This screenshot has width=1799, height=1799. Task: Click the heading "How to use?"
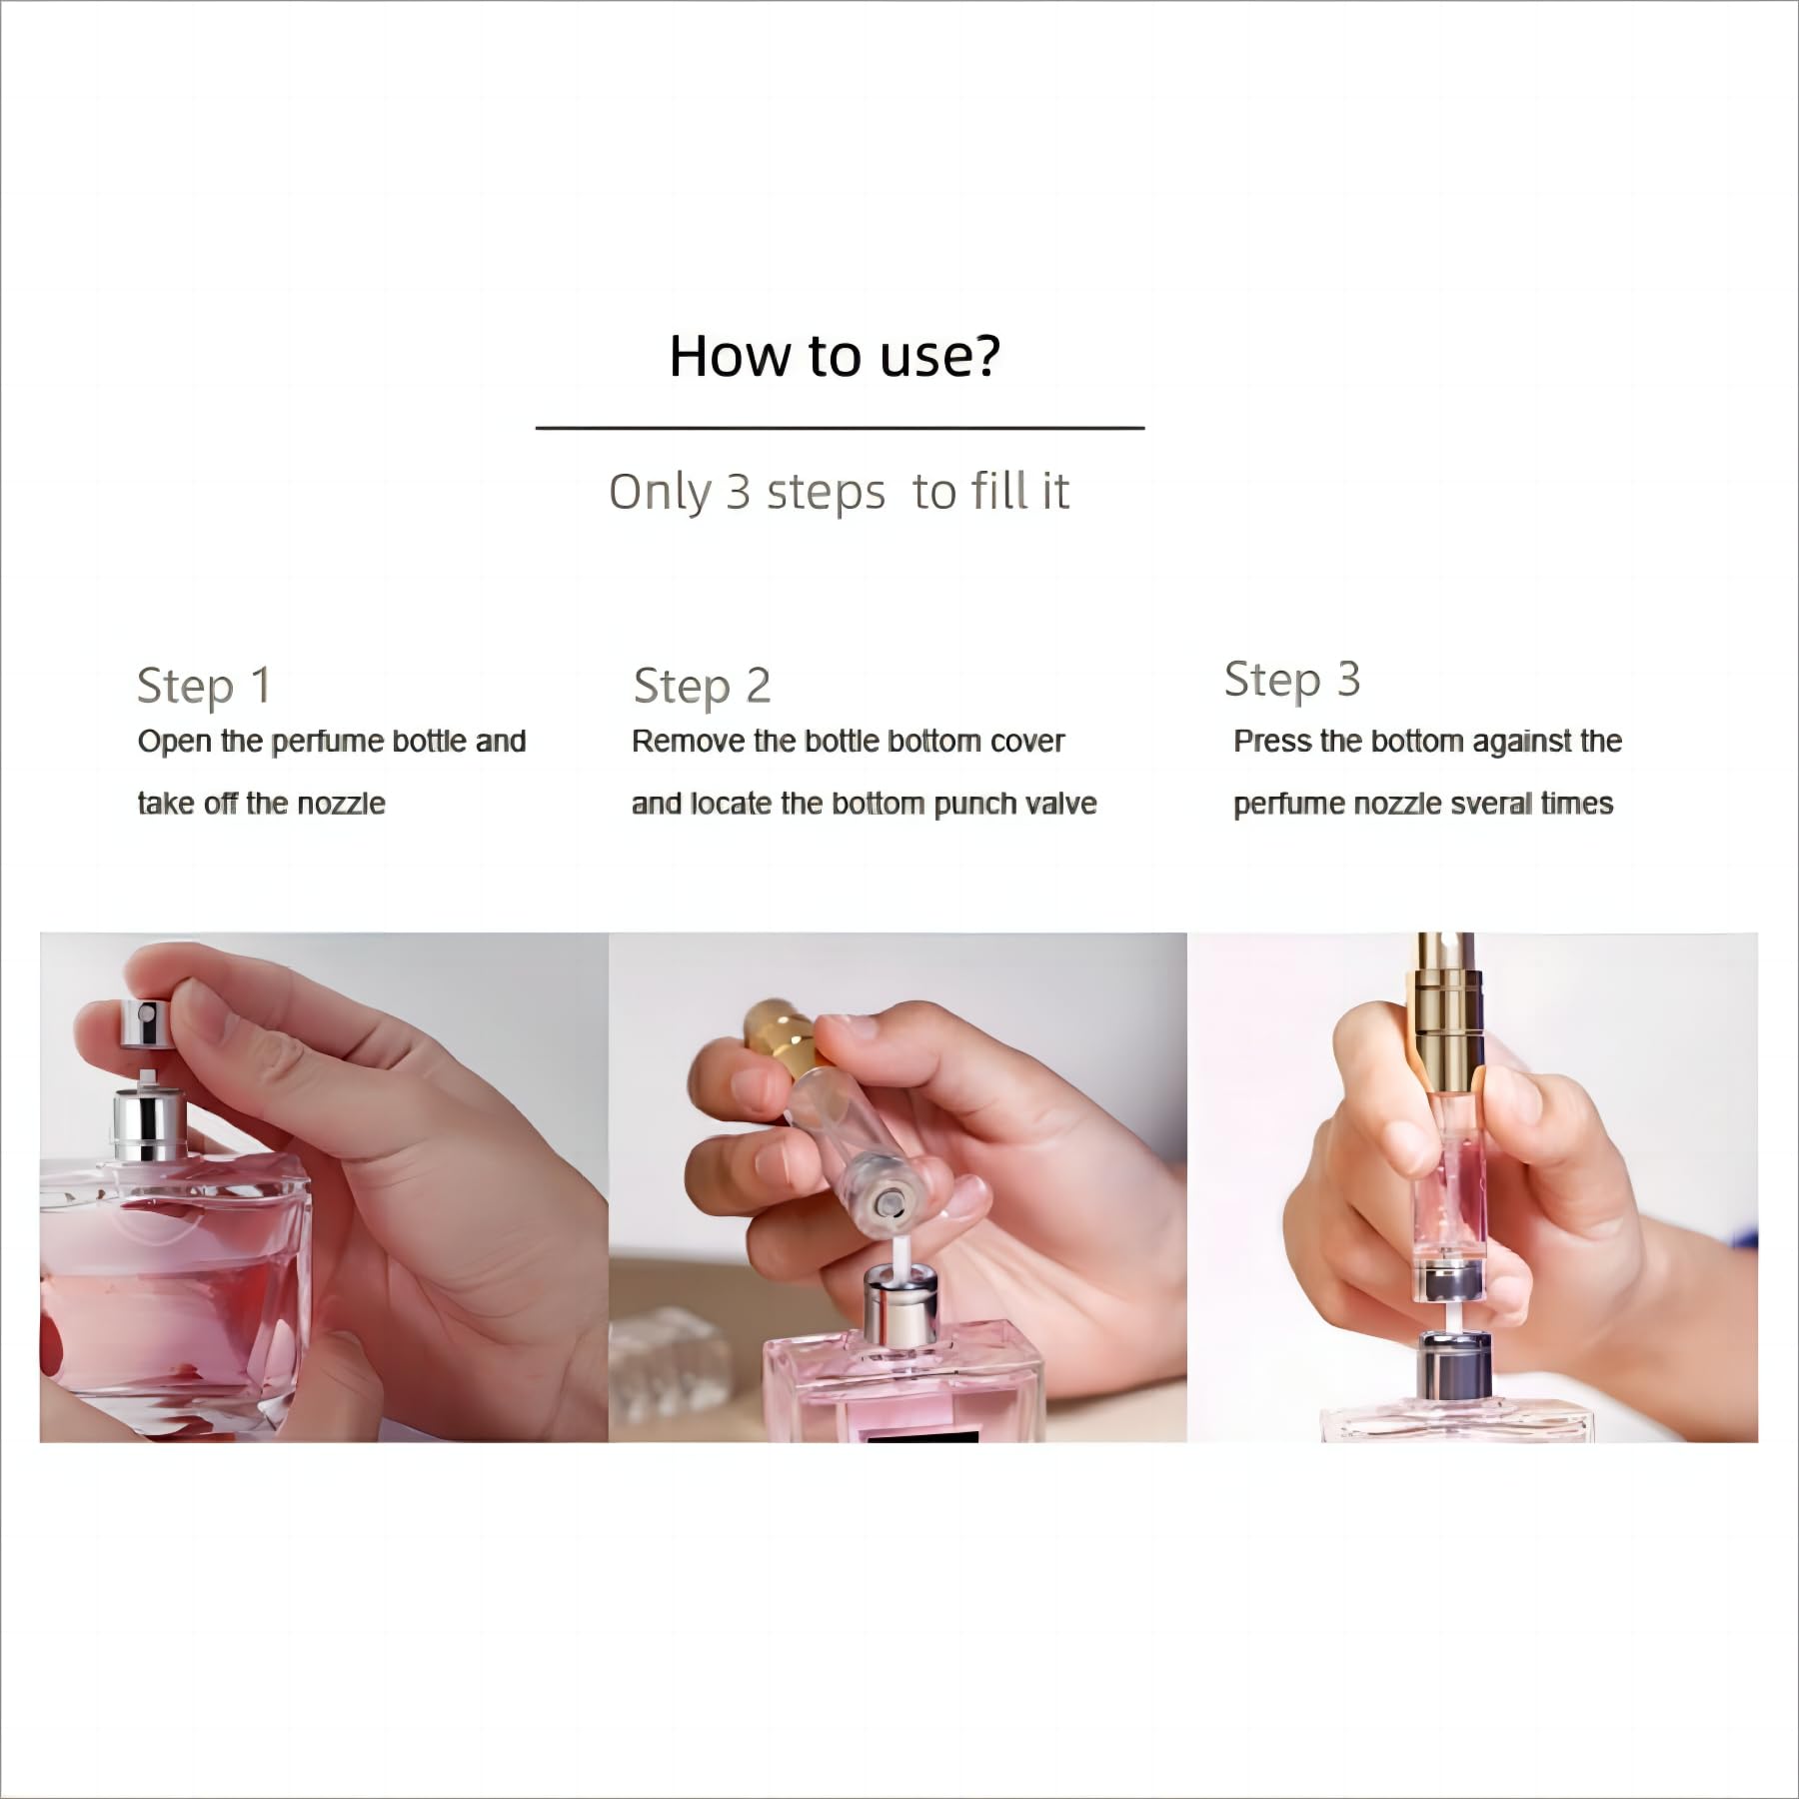pos(835,355)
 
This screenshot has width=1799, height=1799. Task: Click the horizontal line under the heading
pos(840,428)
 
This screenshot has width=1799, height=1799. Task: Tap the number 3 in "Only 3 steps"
pos(738,492)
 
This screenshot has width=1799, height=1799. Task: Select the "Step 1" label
pos(204,687)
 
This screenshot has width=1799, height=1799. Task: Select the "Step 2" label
pos(702,687)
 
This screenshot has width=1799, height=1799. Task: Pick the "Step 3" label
pos(1291,681)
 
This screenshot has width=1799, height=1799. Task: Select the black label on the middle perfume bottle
pos(921,1435)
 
